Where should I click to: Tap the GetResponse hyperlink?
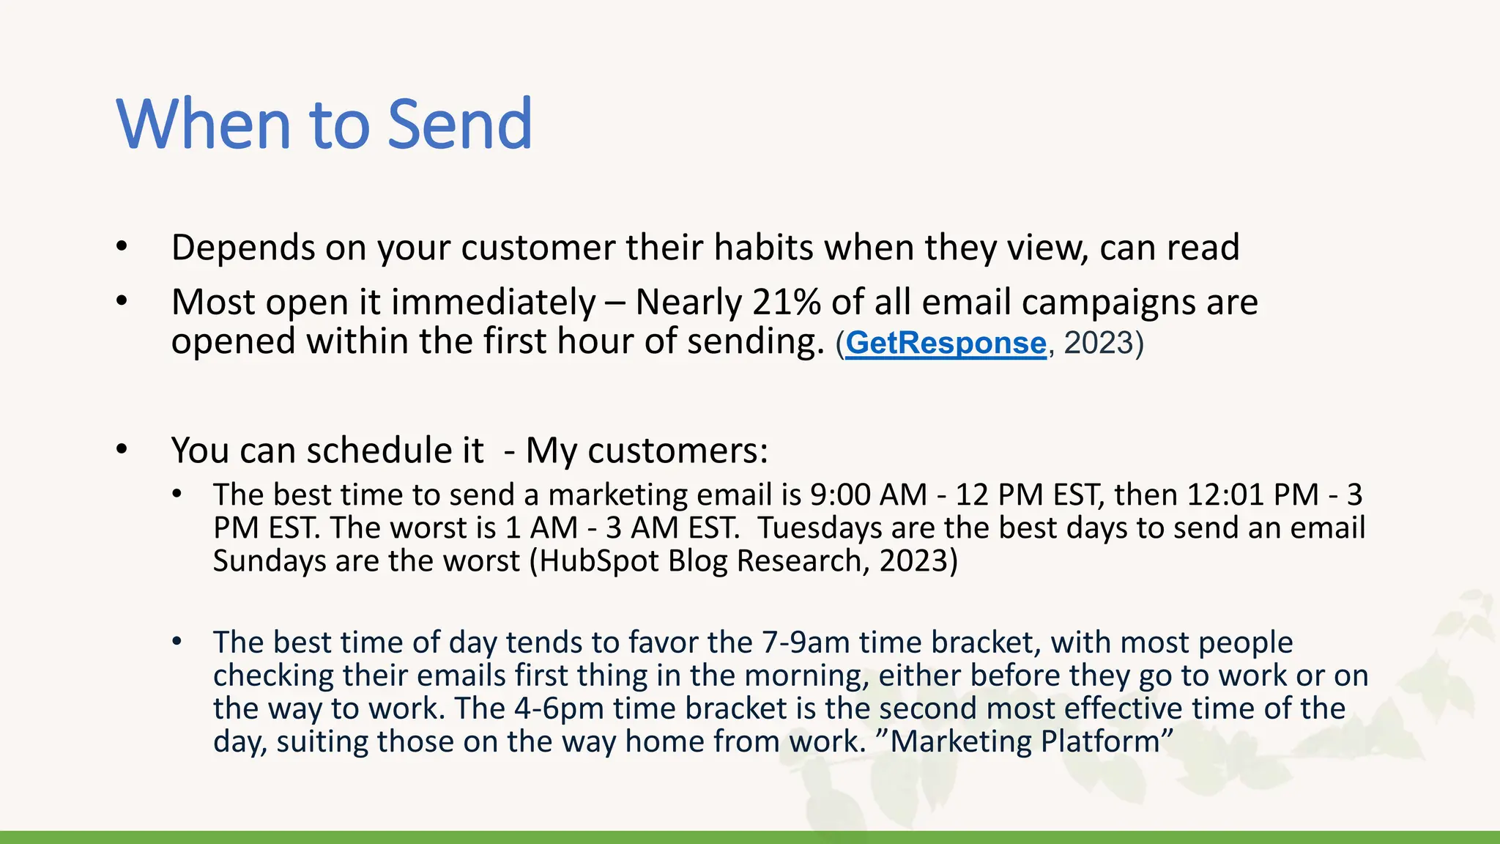(946, 343)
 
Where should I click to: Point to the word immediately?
(494, 303)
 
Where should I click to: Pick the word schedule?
(395, 450)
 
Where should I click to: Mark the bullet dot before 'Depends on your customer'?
(122, 247)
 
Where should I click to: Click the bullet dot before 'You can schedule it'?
(122, 449)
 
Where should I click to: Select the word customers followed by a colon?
(677, 450)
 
